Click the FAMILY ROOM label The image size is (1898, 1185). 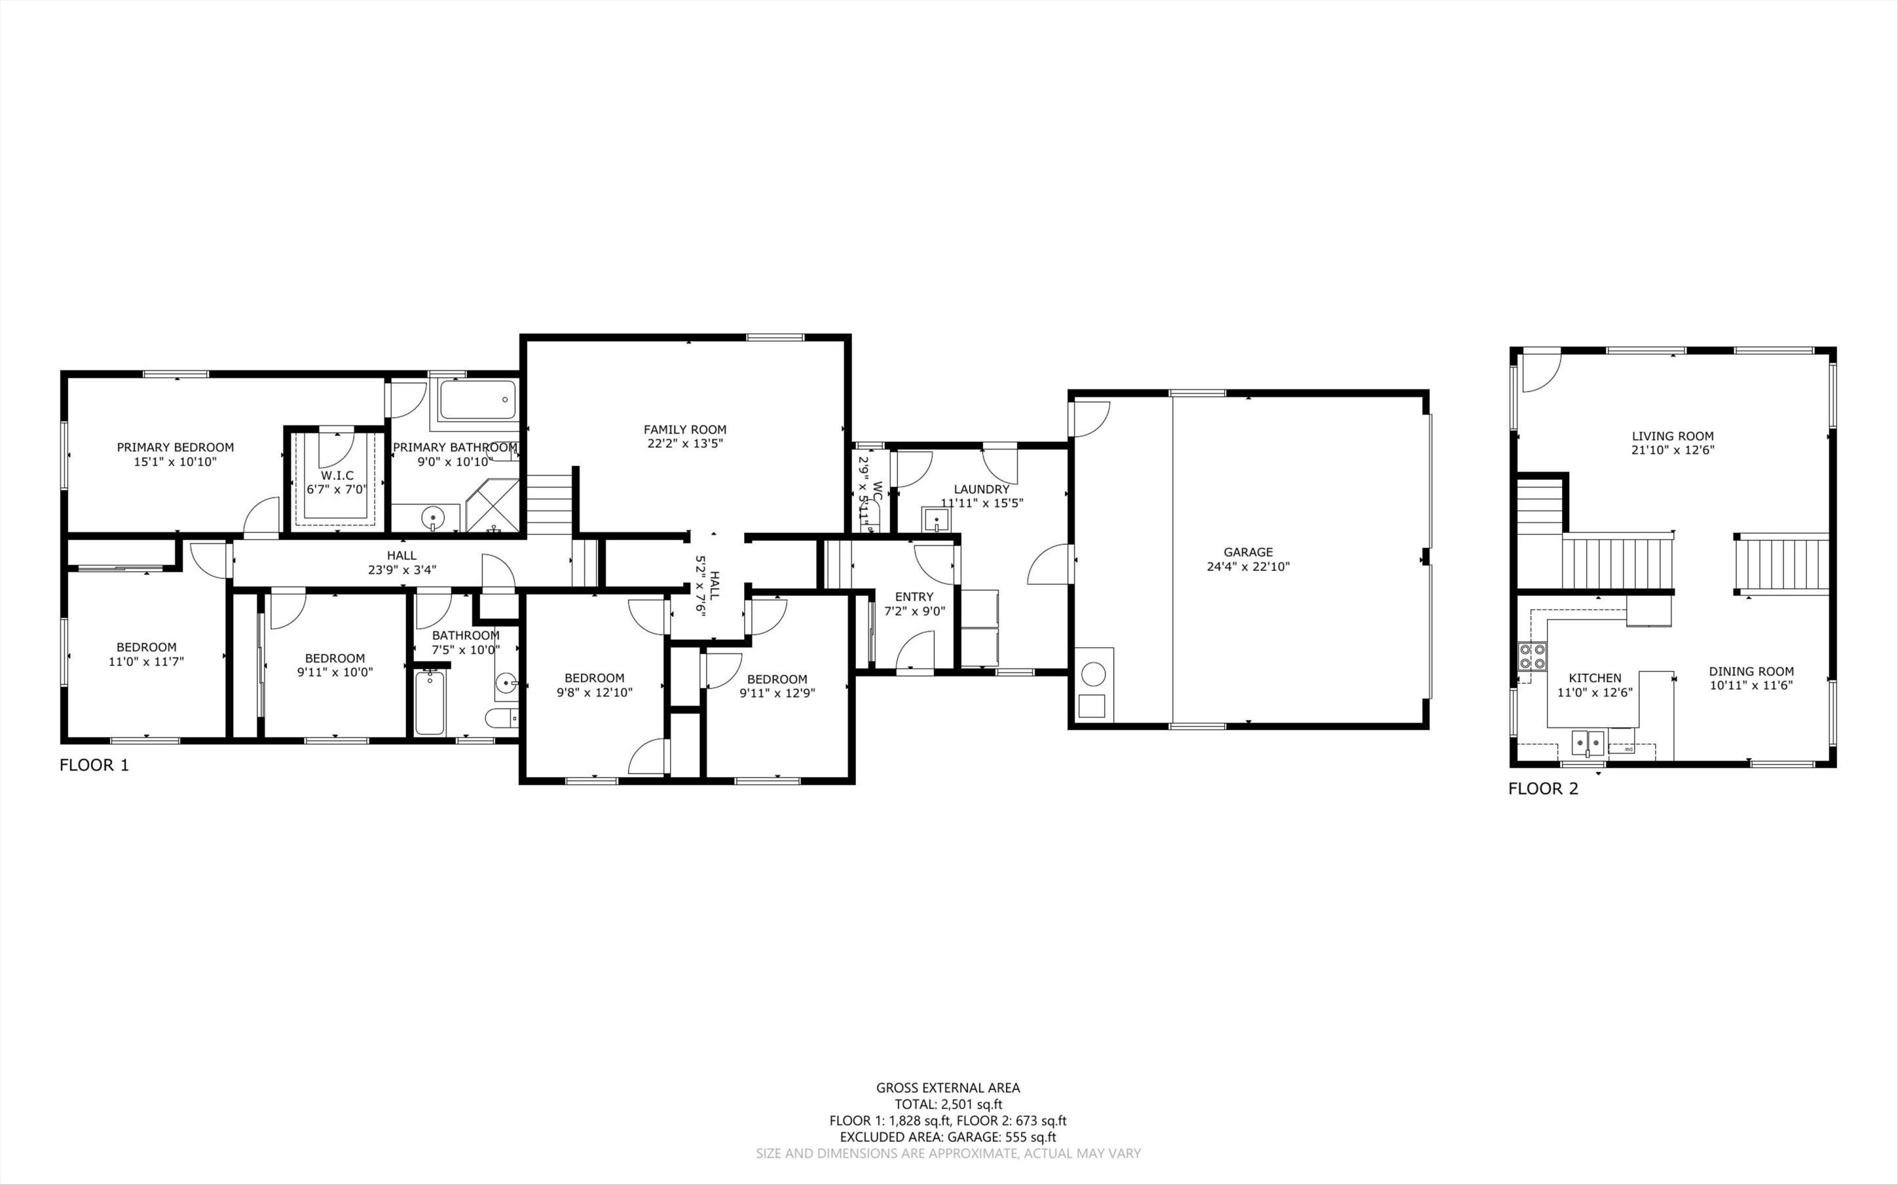pyautogui.click(x=685, y=429)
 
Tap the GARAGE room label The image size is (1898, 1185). pyautogui.click(x=1248, y=553)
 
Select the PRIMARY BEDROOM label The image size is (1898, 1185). pyautogui.click(x=176, y=448)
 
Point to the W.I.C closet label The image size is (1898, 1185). pyautogui.click(x=337, y=476)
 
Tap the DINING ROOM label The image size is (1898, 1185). pyautogui.click(x=1751, y=672)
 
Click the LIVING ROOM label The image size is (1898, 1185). pyautogui.click(x=1673, y=436)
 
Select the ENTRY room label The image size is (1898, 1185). pyautogui.click(x=914, y=597)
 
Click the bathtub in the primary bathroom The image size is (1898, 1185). pyautogui.click(x=478, y=400)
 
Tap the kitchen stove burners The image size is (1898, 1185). pyautogui.click(x=1533, y=655)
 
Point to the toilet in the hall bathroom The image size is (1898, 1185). pyautogui.click(x=501, y=717)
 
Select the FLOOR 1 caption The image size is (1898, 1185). pyautogui.click(x=94, y=766)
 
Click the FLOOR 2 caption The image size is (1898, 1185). pyautogui.click(x=1544, y=789)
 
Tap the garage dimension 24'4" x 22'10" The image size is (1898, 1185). pyautogui.click(x=1248, y=567)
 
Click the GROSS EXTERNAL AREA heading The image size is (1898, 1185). pyautogui.click(x=948, y=1088)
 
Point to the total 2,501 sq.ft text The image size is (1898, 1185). pyautogui.click(x=948, y=1104)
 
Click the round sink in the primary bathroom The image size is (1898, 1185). pyautogui.click(x=433, y=518)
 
